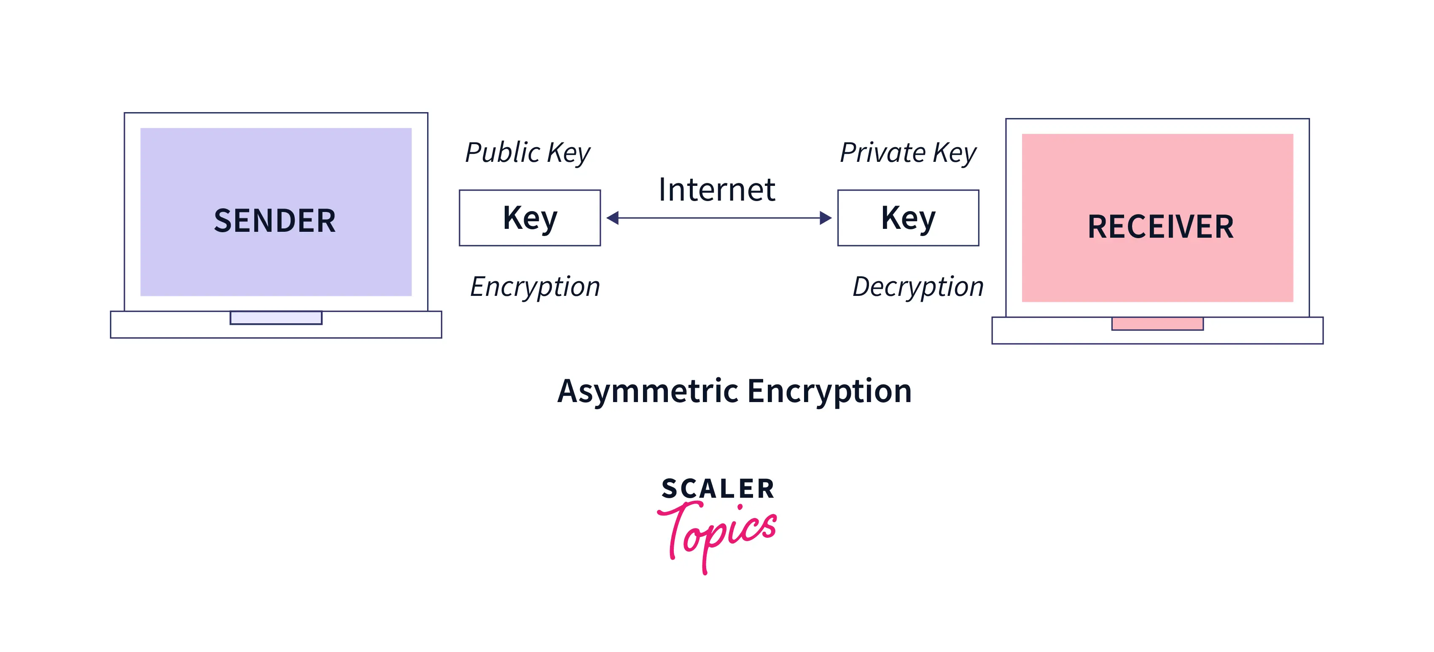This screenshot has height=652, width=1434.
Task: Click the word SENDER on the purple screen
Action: pyautogui.click(x=275, y=221)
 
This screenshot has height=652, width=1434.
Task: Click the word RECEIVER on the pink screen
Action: pyautogui.click(x=1161, y=227)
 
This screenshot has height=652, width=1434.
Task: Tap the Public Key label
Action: pyautogui.click(x=527, y=153)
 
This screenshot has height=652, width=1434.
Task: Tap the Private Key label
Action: pyautogui.click(x=908, y=153)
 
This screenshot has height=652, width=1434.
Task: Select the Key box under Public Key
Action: pyautogui.click(x=530, y=218)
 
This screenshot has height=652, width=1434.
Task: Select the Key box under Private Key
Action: pyautogui.click(x=908, y=218)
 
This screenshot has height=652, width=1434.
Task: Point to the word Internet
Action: pyautogui.click(x=716, y=190)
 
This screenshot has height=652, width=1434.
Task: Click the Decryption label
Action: pyautogui.click(x=918, y=287)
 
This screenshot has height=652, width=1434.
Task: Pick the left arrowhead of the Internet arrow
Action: pyautogui.click(x=613, y=218)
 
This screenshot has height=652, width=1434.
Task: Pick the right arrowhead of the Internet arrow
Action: pyautogui.click(x=825, y=218)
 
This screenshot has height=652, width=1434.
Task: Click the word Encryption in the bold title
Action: pyautogui.click(x=829, y=391)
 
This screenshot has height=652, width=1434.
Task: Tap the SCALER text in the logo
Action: pyautogui.click(x=718, y=489)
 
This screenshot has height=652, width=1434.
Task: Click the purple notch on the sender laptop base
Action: pyautogui.click(x=276, y=318)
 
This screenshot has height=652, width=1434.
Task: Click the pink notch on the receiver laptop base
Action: pyautogui.click(x=1157, y=324)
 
